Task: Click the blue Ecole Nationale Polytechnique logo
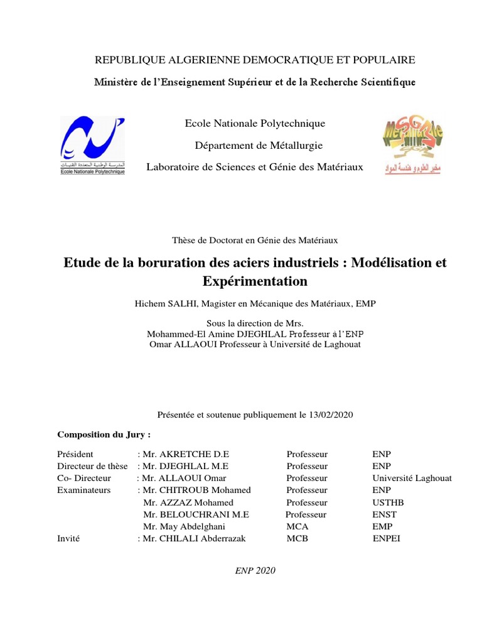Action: click(92, 145)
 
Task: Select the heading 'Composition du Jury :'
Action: click(104, 435)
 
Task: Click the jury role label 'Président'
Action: click(75, 454)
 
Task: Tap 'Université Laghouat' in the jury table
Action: click(412, 478)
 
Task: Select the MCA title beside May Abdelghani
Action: click(297, 526)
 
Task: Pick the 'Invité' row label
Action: click(68, 538)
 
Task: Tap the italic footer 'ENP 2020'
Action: click(255, 570)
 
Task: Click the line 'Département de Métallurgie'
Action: click(259, 146)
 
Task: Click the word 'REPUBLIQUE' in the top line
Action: click(126, 60)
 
